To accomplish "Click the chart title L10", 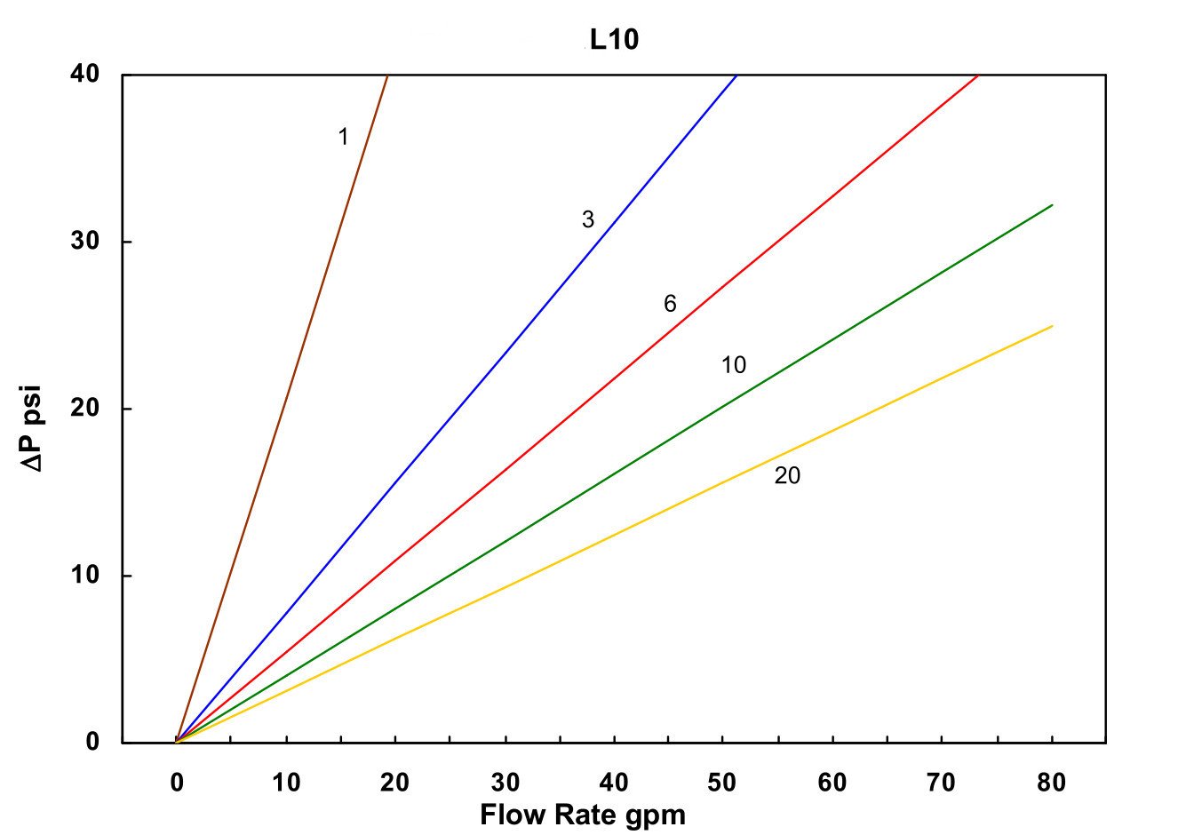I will coord(614,40).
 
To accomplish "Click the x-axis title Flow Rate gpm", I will coord(583,815).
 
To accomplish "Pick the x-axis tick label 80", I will coord(1051,783).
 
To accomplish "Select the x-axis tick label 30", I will coord(505,783).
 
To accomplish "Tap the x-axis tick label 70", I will coord(942,783).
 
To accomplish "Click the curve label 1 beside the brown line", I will coord(343,137).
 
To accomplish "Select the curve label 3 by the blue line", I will coord(588,219).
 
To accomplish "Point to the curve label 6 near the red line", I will coord(670,304).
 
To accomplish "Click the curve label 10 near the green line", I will coord(734,365).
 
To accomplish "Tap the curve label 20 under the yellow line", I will coord(787,476).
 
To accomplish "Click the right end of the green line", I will coord(1052,205).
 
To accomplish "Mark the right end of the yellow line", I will coord(1052,326).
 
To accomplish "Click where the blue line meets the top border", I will coord(736,76).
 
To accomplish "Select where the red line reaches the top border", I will coord(978,76).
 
